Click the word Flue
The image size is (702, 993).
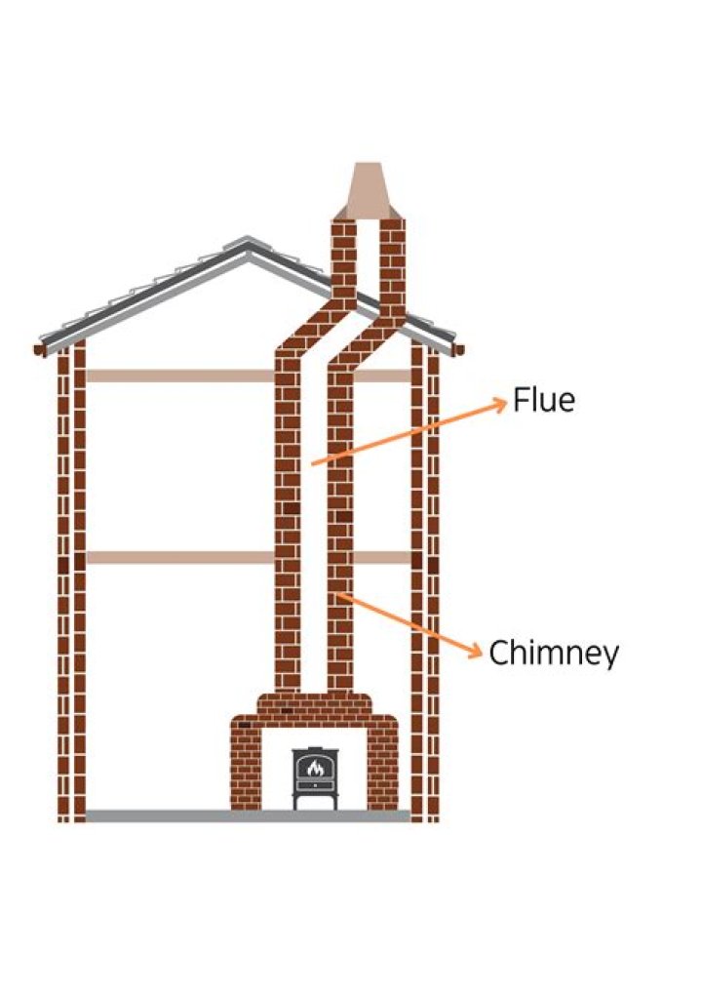(544, 400)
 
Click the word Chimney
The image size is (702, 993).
(554, 653)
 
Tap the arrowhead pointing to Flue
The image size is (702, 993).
(501, 401)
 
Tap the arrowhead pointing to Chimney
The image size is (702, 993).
(476, 650)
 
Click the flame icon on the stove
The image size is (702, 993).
(315, 768)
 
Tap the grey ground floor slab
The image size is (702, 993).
(248, 815)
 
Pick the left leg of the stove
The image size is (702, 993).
(296, 800)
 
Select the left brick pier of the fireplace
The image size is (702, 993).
(246, 768)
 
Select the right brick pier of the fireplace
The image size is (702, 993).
(382, 768)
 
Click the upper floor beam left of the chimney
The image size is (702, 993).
(180, 377)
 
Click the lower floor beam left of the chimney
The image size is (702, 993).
(180, 557)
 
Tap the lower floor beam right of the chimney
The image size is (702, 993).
(381, 557)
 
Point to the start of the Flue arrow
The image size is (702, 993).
(312, 464)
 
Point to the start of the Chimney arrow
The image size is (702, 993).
(337, 593)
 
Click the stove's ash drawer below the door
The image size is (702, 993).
(315, 784)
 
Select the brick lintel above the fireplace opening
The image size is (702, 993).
(314, 710)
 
